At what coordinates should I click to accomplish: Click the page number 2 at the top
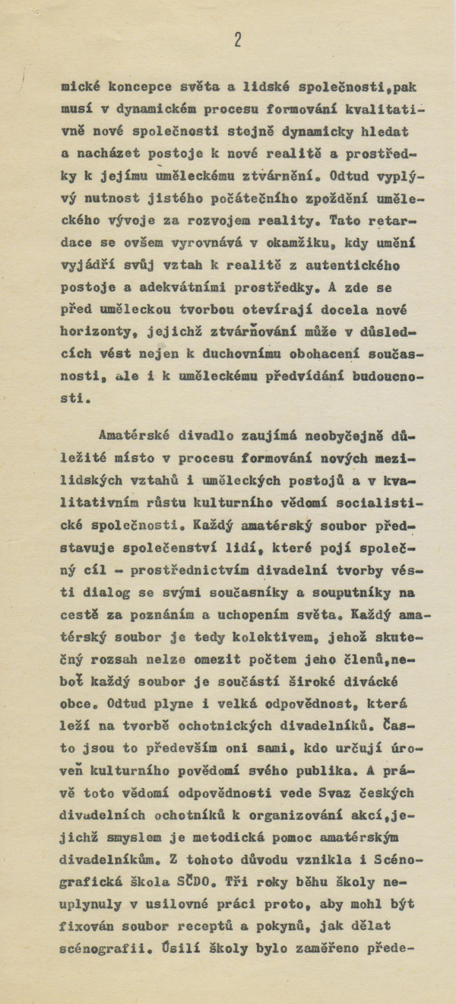coord(238,40)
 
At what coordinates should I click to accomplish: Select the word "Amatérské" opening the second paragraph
coord(131,436)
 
